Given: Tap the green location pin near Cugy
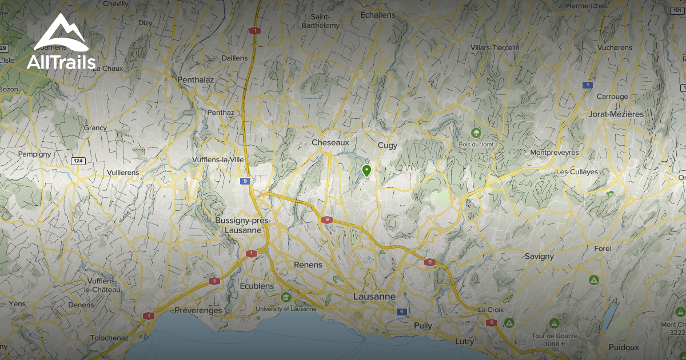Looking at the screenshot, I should coord(366,170).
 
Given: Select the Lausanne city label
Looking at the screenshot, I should coord(374,297).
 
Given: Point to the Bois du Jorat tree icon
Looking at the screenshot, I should coord(476,134).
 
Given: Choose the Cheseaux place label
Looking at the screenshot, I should coord(330,142).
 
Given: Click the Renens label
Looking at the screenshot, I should coord(308,265).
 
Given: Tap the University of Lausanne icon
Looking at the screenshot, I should coord(286,297).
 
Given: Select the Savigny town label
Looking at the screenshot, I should coord(539,256).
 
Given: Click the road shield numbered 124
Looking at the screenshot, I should coord(78,161).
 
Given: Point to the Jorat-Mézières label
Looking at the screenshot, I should coord(615,114).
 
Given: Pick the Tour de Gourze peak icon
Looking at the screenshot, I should coord(553,323).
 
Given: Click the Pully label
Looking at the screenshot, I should coord(423,325).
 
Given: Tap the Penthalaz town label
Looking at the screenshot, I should coord(196,79).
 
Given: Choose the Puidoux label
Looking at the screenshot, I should coord(624,347).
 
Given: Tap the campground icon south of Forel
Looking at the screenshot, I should coord(593,280).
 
